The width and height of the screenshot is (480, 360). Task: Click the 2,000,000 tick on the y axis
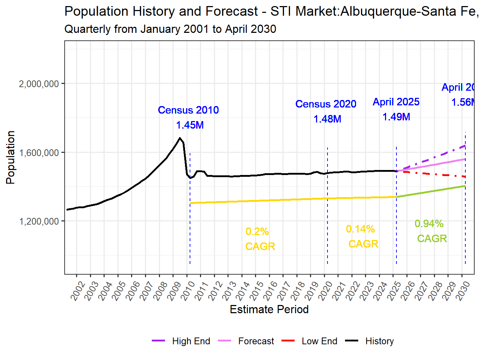(39, 84)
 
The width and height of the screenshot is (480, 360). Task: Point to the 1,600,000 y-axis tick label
(39, 153)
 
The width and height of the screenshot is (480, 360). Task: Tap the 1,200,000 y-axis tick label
(39, 221)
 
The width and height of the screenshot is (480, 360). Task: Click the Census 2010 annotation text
(188, 110)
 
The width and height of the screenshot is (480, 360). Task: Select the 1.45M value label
(190, 125)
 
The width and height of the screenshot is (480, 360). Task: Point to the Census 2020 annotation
(326, 104)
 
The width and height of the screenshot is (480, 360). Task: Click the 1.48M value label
(327, 119)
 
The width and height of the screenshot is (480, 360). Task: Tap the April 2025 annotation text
(396, 102)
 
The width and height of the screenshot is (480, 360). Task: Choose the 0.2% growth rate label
(257, 231)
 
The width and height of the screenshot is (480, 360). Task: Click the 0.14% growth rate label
(360, 229)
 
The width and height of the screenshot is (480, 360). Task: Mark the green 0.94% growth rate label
(429, 224)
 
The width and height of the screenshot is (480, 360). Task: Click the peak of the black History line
(180, 138)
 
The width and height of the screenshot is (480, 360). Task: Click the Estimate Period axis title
(269, 309)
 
